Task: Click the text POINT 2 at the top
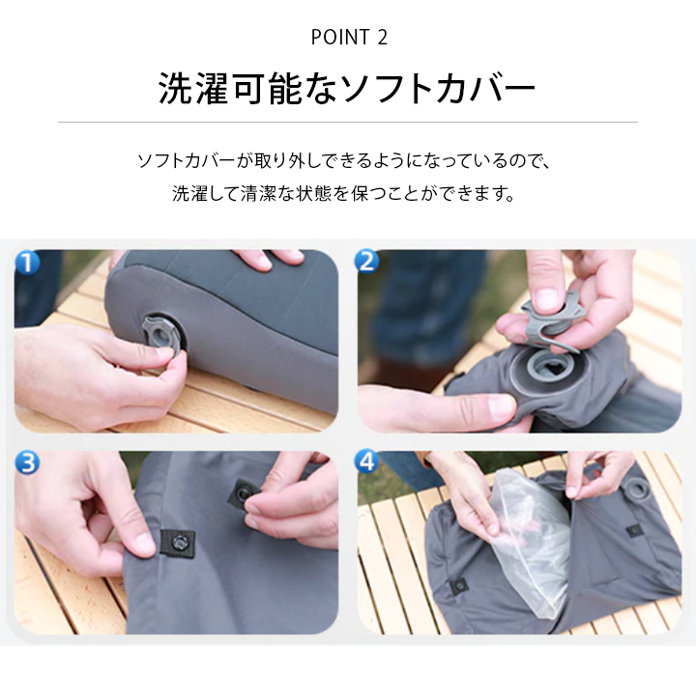pyautogui.click(x=348, y=38)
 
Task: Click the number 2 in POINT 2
pyautogui.click(x=382, y=38)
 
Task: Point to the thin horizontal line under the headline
pyautogui.click(x=348, y=123)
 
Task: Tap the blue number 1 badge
pyautogui.click(x=27, y=262)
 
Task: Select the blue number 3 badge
pyautogui.click(x=27, y=463)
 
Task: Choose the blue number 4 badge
pyautogui.click(x=367, y=463)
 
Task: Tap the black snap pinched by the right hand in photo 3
pyautogui.click(x=243, y=496)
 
